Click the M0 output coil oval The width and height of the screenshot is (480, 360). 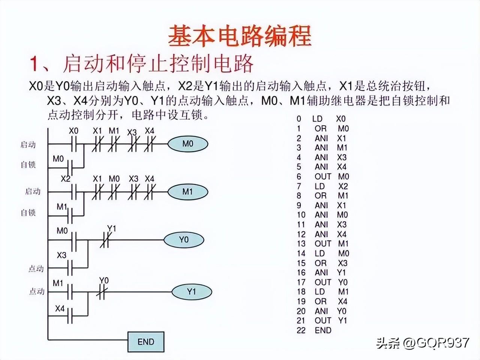coord(187,144)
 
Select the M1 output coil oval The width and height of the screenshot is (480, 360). coord(187,192)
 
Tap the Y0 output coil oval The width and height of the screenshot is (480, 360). coord(184,240)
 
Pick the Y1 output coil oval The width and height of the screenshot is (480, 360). coord(192,291)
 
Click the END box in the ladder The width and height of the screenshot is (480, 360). coord(146,342)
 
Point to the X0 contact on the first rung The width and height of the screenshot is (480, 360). coord(74,144)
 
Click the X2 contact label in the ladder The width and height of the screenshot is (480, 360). coord(65,179)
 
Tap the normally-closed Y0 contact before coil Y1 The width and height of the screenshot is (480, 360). coord(101,292)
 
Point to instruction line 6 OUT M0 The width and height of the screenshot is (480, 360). coord(322,176)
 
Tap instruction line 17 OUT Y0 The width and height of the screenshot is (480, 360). coord(322,282)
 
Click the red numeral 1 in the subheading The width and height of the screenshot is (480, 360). coord(35,64)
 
